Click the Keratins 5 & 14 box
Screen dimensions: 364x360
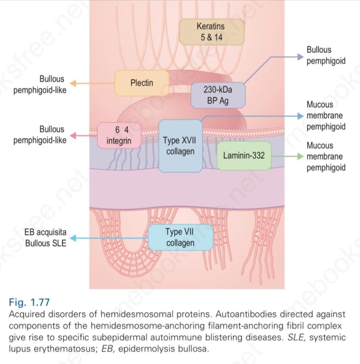click(212, 31)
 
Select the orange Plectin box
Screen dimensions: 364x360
click(142, 83)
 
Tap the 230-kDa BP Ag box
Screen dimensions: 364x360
click(218, 95)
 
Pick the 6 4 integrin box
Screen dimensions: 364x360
click(119, 135)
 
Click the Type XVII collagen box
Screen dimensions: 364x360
click(180, 146)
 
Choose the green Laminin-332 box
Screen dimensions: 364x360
click(244, 155)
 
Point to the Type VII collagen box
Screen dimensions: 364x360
click(180, 237)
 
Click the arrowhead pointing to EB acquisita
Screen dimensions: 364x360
click(74, 239)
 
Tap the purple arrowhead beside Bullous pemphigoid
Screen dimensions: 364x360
click(300, 55)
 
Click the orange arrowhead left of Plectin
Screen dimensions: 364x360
click(73, 83)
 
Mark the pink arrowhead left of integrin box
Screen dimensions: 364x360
click(73, 135)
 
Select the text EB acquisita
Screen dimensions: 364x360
click(46, 233)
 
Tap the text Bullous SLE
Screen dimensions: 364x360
click(46, 244)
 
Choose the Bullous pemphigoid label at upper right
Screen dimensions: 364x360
click(326, 55)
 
